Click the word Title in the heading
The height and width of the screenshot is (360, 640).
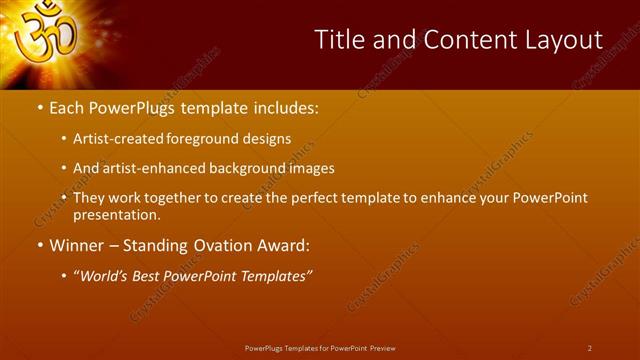pyautogui.click(x=339, y=40)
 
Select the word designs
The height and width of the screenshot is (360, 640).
pyautogui.click(x=269, y=139)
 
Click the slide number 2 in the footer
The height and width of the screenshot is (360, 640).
pyautogui.click(x=590, y=348)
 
